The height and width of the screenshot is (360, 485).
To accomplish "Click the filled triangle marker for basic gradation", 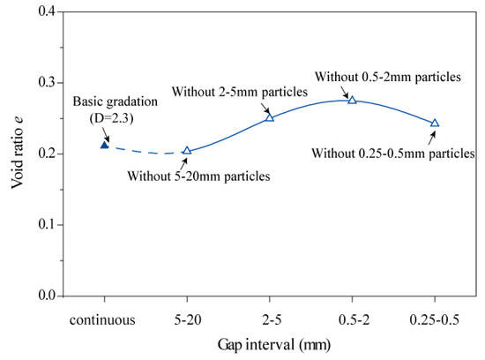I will point(104,144).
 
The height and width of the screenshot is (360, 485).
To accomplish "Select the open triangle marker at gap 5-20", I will point(187,151).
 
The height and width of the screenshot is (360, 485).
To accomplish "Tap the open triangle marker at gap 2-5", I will point(270,117).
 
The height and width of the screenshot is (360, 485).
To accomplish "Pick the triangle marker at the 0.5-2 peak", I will point(352,100).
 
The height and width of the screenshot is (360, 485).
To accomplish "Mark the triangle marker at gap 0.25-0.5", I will point(435,124).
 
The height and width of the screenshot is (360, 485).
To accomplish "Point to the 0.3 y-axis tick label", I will point(44,83).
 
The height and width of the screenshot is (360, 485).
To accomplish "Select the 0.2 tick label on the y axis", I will point(44,154).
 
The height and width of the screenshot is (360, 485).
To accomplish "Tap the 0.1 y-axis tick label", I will point(44,225).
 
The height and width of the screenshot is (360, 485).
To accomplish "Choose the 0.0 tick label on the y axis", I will point(44,296).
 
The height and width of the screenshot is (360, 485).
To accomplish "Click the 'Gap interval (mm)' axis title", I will point(269,346).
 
